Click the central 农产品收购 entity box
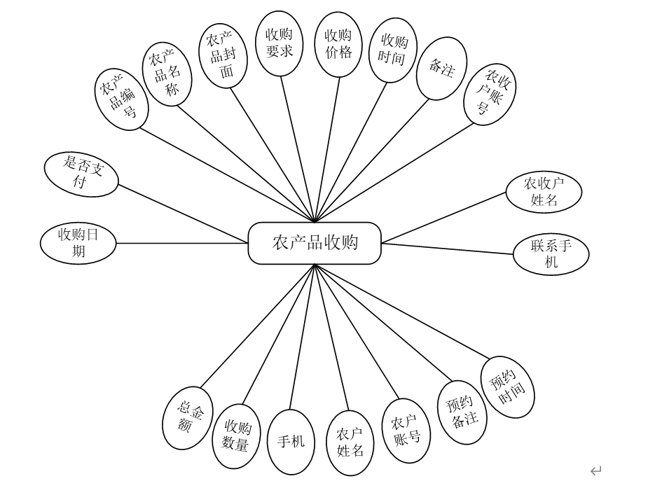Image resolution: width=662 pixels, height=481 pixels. click(315, 243)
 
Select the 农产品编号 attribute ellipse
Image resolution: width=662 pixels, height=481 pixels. click(122, 99)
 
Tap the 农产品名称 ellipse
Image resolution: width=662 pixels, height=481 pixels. click(167, 74)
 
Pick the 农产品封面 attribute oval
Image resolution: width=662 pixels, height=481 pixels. click(223, 56)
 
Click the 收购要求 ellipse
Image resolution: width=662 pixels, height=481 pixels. click(280, 43)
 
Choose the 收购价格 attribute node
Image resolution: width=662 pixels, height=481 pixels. click(338, 44)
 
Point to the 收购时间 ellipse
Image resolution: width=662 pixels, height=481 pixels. click(393, 50)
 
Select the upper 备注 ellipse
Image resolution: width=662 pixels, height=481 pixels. click(441, 69)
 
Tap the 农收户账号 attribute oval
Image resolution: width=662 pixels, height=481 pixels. click(490, 94)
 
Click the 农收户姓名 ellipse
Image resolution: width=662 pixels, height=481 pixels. click(544, 192)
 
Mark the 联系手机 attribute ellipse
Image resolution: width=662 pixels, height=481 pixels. click(551, 254)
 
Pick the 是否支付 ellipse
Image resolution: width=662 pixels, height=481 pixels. click(81, 174)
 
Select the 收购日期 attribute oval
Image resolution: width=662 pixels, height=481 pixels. click(78, 243)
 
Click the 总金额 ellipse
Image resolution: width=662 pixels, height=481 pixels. click(188, 418)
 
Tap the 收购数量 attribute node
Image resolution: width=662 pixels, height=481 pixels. click(237, 436)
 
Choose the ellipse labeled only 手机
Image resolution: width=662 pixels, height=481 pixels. click(291, 442)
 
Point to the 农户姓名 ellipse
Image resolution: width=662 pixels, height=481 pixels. click(350, 443)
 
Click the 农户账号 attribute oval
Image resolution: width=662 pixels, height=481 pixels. click(406, 431)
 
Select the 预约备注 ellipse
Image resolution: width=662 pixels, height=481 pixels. click(462, 412)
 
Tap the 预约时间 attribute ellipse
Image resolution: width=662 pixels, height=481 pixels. click(508, 387)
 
